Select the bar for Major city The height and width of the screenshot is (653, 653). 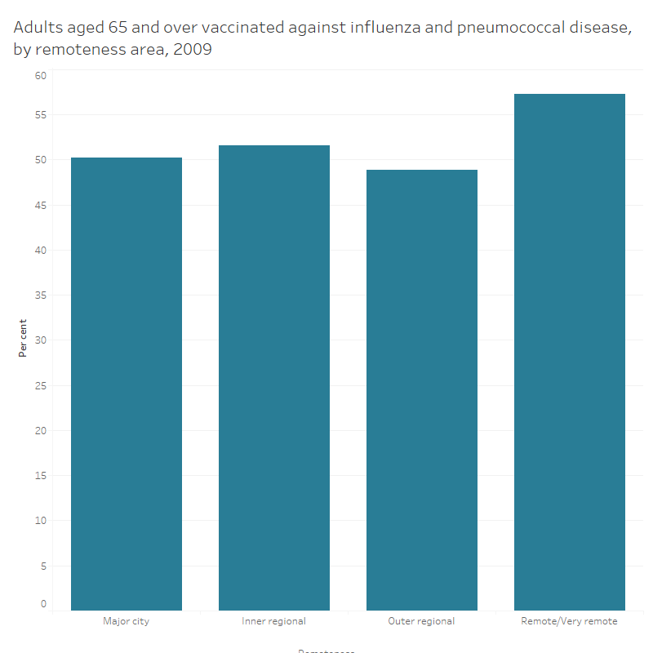(x=127, y=384)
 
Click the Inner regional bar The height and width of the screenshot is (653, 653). (x=274, y=378)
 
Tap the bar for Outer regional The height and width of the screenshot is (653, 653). (x=422, y=390)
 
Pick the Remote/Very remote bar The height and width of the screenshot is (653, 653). (x=570, y=352)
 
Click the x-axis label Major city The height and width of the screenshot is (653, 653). (x=127, y=621)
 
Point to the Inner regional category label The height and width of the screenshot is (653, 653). (x=274, y=621)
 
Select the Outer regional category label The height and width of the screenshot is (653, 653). (x=422, y=621)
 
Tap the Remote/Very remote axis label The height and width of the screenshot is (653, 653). (x=570, y=621)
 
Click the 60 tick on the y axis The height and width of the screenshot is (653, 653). (x=41, y=75)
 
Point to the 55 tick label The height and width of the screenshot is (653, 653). (x=41, y=115)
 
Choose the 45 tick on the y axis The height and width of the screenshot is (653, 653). (x=41, y=206)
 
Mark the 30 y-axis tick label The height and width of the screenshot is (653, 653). (x=41, y=340)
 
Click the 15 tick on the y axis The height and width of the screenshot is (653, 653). (x=41, y=476)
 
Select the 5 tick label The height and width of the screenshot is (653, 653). (x=43, y=566)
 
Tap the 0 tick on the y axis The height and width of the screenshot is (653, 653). (x=43, y=604)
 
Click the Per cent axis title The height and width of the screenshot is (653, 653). (x=23, y=338)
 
